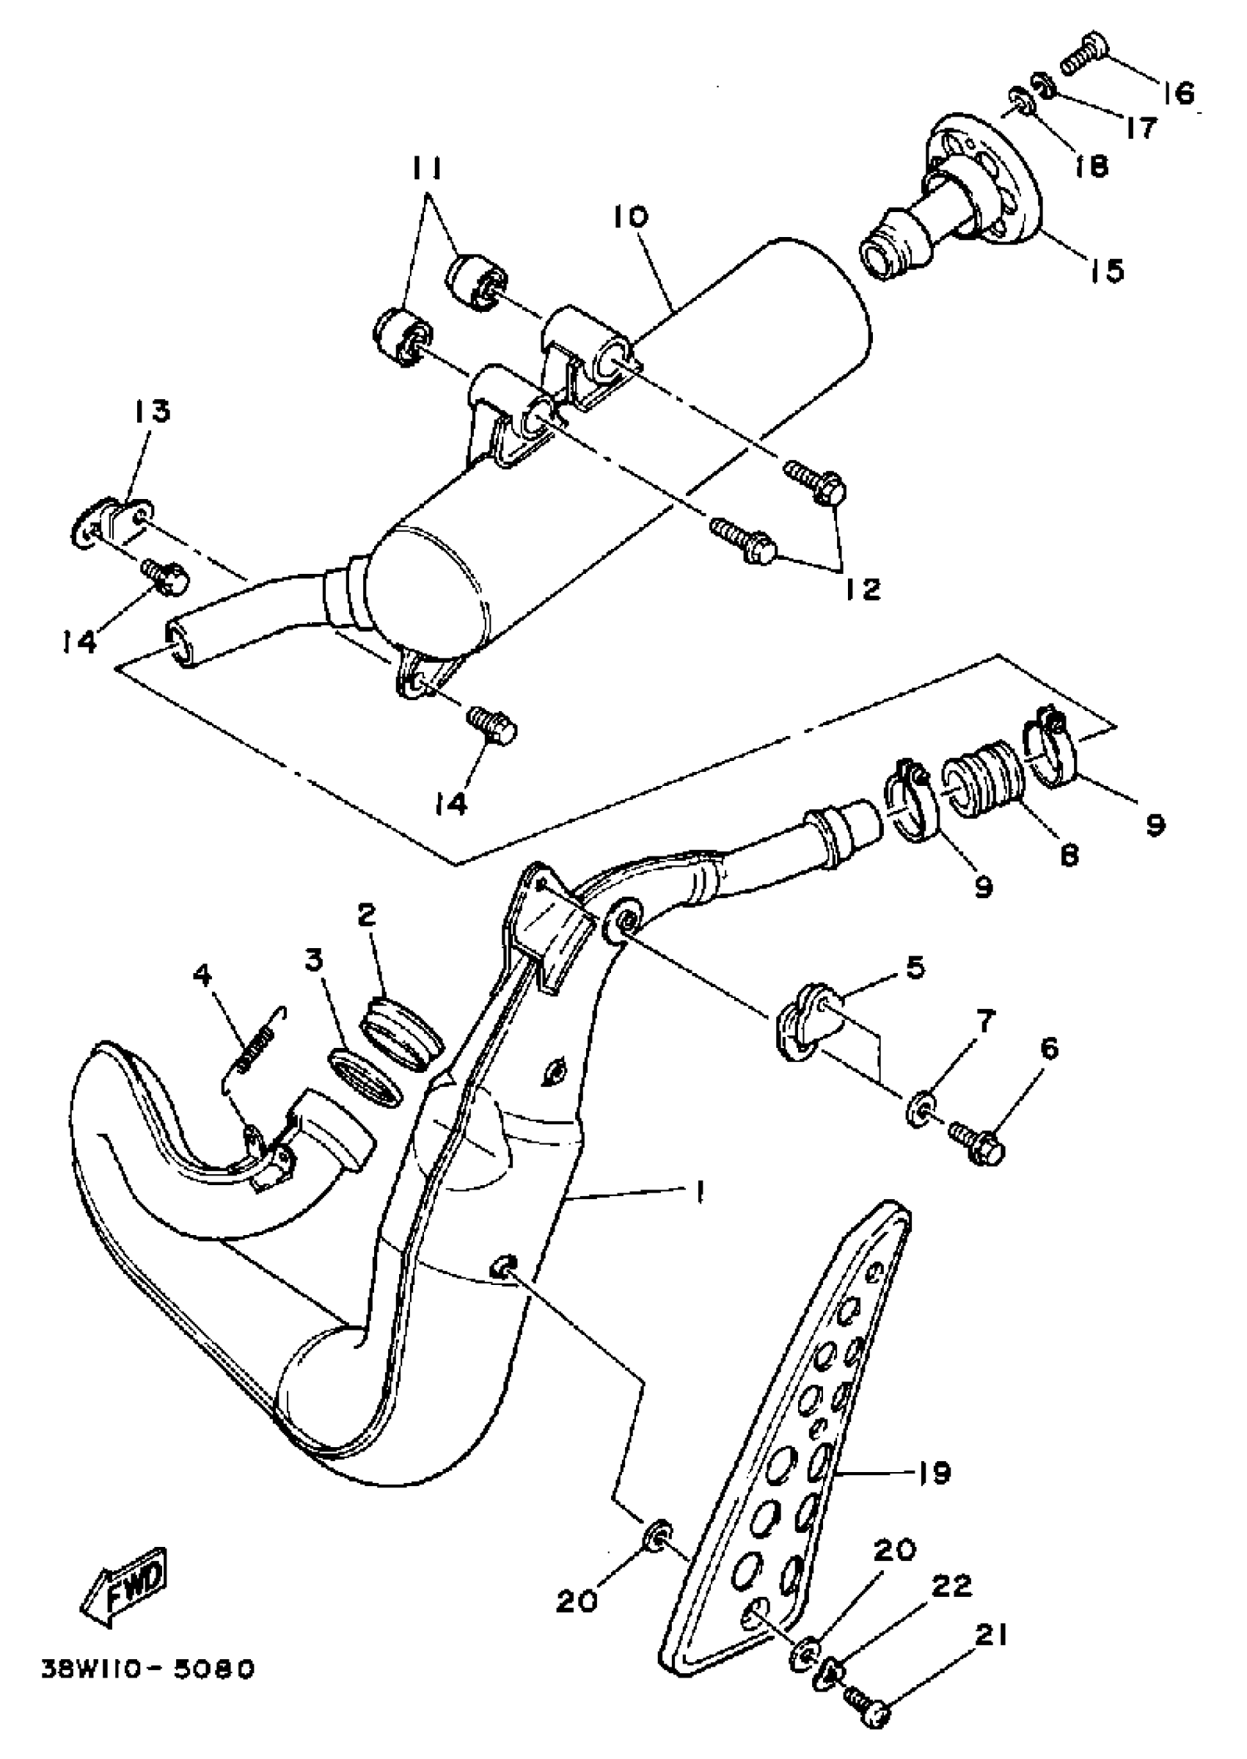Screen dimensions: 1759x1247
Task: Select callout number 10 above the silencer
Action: coord(630,217)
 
